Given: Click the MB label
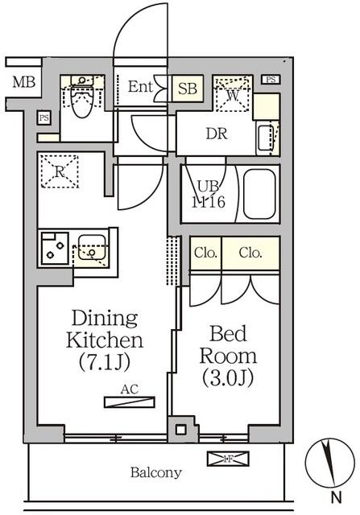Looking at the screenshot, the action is (24, 82).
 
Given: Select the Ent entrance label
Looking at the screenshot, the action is (140, 86).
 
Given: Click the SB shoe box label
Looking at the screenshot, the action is (188, 89).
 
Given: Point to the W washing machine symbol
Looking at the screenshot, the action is (233, 93).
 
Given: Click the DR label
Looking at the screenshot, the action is (217, 134).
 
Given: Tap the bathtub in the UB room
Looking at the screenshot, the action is (259, 195).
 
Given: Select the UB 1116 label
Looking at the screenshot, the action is (208, 195).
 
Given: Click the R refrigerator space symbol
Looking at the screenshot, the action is (59, 171).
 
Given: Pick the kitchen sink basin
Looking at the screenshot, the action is (92, 247).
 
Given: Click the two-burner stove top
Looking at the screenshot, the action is (55, 249).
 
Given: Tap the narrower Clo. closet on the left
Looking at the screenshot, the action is (206, 253).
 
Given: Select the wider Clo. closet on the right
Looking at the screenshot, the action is (250, 253).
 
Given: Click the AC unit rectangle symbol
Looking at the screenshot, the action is (129, 402).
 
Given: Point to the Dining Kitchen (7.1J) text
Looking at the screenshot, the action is (105, 340).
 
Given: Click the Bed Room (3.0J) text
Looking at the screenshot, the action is (228, 356).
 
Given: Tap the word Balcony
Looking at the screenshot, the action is (155, 472).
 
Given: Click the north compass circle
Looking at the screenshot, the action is (329, 462).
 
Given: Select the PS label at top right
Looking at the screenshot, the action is (271, 80).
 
